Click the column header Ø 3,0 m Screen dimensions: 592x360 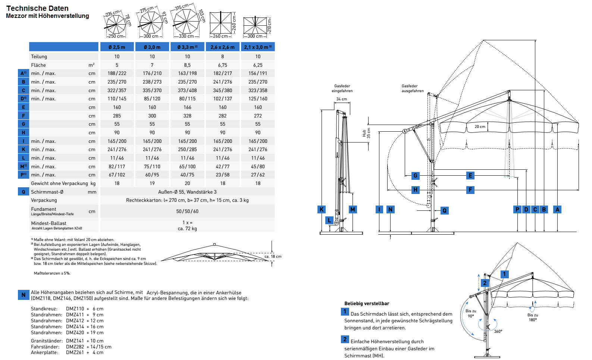152,47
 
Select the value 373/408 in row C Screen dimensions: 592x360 187,90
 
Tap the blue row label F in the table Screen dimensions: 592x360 23,116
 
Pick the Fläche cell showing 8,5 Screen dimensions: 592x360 187,65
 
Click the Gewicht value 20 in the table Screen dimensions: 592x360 187,184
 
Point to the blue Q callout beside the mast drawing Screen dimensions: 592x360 445,211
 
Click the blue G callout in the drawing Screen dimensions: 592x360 416,175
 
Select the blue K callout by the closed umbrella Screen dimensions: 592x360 322,210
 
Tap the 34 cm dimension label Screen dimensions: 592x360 341,99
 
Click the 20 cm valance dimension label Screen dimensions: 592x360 480,126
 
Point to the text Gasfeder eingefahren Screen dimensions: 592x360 342,88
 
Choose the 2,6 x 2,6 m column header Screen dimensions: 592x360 223,47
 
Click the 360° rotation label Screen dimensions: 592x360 498,331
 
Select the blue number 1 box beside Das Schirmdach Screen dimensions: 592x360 345,312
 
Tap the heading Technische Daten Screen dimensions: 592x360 37,8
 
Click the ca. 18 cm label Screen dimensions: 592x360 273,256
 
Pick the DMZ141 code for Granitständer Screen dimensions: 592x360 75,341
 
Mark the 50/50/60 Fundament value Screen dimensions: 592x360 187,211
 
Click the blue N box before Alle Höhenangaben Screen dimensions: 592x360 24,295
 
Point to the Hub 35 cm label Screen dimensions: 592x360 367,133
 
